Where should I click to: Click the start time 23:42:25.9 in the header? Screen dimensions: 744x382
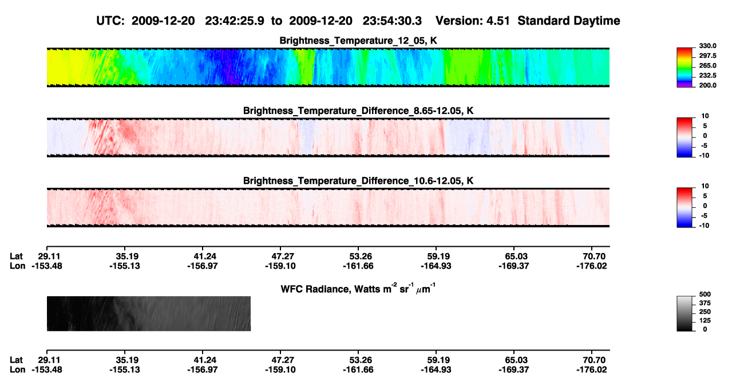[x=235, y=21]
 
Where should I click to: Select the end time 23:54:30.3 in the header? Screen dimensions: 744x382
[x=392, y=21]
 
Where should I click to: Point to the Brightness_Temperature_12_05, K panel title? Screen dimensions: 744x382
[x=358, y=41]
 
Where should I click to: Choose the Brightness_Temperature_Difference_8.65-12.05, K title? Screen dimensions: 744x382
[x=358, y=111]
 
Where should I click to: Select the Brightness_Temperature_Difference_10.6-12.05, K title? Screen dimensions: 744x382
[x=358, y=181]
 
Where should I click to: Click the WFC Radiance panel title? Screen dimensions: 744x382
[x=358, y=289]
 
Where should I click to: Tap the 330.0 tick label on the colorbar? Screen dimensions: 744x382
[x=707, y=46]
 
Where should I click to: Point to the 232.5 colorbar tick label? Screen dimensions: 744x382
[x=707, y=76]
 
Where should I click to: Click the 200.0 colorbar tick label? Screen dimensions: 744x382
[x=707, y=85]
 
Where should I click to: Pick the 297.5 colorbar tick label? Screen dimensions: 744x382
[x=707, y=56]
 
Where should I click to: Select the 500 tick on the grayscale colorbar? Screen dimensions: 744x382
[x=705, y=294]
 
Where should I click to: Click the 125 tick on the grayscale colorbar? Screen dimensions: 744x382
[x=705, y=321]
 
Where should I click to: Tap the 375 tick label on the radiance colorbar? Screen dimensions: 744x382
[x=705, y=303]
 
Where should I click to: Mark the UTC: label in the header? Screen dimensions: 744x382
[x=110, y=21]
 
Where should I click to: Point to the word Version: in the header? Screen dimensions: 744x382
[x=457, y=21]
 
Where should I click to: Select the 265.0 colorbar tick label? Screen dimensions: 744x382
[x=707, y=65]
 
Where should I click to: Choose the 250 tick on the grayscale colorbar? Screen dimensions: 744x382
[x=705, y=312]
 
